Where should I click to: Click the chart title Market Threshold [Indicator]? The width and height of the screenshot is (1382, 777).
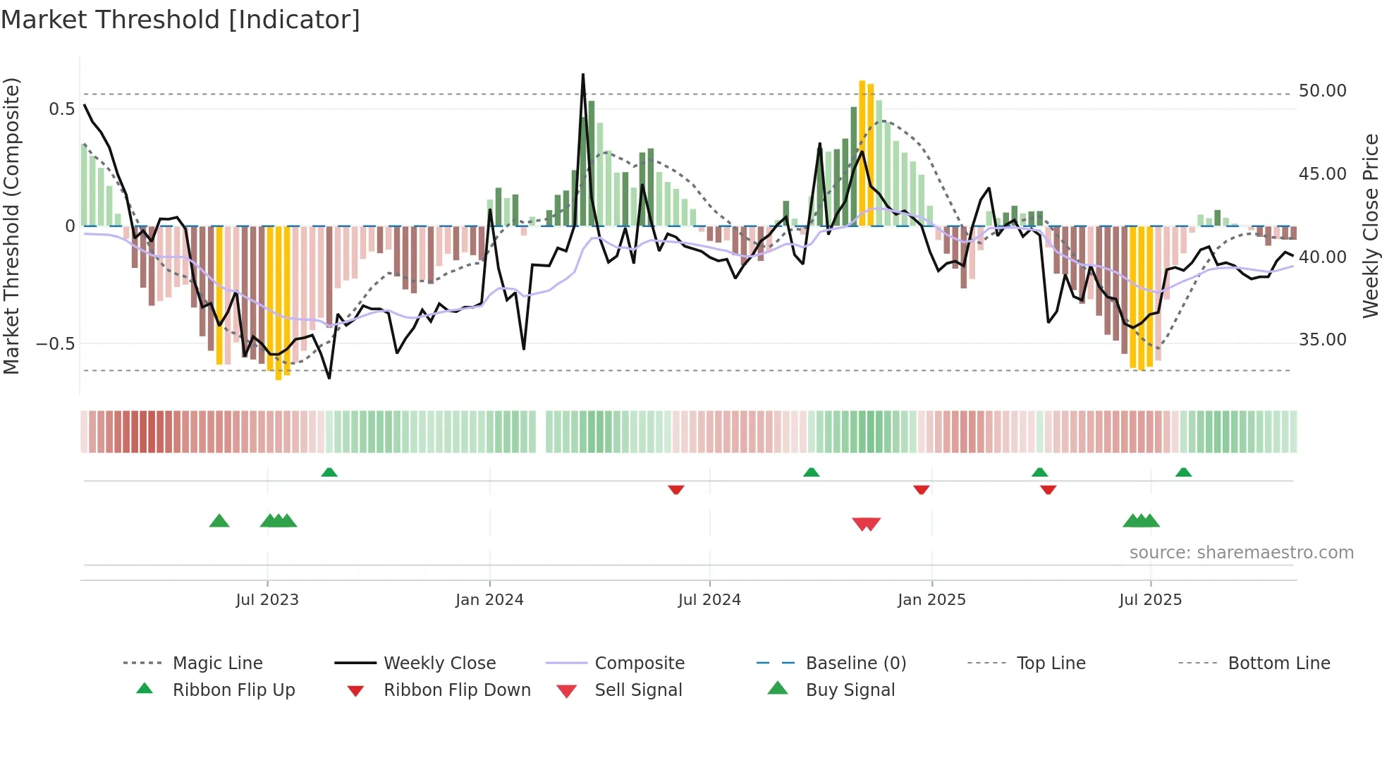pyautogui.click(x=181, y=20)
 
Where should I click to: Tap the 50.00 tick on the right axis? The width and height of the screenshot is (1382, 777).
pyautogui.click(x=1322, y=91)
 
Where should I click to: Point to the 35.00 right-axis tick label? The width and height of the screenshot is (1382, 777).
pyautogui.click(x=1322, y=340)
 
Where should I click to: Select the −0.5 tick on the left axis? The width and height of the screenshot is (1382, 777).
pyautogui.click(x=56, y=344)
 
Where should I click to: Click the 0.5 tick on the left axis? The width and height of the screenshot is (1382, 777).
pyautogui.click(x=61, y=109)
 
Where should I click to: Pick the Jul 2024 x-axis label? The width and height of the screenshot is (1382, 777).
pyautogui.click(x=709, y=600)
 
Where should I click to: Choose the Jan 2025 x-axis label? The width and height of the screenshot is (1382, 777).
pyautogui.click(x=931, y=600)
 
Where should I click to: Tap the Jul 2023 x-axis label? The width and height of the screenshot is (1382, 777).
pyautogui.click(x=267, y=600)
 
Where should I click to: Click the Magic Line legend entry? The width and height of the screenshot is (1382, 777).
pyautogui.click(x=217, y=663)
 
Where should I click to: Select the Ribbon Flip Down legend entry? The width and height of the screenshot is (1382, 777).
pyautogui.click(x=457, y=690)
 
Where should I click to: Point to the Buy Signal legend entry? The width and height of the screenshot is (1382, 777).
pyautogui.click(x=850, y=690)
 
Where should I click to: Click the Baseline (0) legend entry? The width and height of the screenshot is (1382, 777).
pyautogui.click(x=855, y=663)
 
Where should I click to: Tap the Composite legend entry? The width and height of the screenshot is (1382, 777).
pyautogui.click(x=640, y=663)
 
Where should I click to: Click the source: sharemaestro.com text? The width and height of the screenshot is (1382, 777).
pyautogui.click(x=1241, y=553)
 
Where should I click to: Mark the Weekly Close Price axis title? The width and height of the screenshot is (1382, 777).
pyautogui.click(x=1370, y=226)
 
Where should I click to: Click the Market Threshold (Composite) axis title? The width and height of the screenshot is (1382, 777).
pyautogui.click(x=11, y=226)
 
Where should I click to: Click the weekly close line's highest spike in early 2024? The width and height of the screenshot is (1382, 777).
pyautogui.click(x=583, y=75)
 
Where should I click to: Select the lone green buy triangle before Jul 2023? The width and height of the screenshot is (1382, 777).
pyautogui.click(x=219, y=522)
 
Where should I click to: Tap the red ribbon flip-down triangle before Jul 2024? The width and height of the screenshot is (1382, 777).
pyautogui.click(x=675, y=489)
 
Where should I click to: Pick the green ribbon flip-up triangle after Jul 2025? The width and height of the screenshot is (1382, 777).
pyautogui.click(x=1183, y=472)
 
